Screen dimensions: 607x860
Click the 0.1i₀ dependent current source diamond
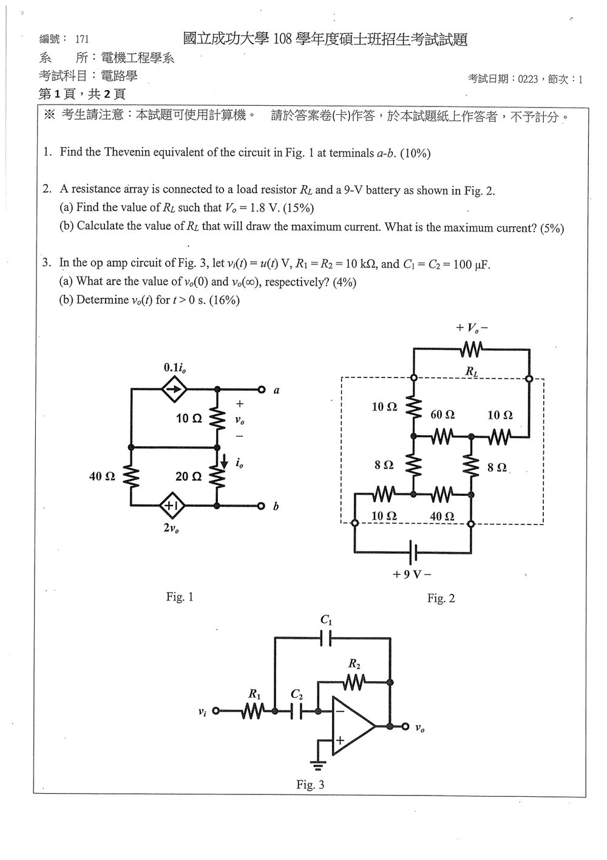point(174,390)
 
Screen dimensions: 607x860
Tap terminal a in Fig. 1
point(262,390)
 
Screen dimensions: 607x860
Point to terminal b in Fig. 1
point(261,506)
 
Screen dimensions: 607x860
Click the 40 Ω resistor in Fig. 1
point(131,476)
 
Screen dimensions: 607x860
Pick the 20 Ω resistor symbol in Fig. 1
point(217,476)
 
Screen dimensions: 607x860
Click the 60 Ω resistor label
point(443,415)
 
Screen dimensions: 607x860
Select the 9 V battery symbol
point(413,552)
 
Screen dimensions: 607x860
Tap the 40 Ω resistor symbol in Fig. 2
point(442,495)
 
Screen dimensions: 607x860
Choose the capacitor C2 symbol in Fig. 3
point(296,710)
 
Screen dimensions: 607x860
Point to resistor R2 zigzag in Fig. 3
point(354,683)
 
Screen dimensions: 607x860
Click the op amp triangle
point(353,726)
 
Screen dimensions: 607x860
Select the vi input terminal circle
point(216,710)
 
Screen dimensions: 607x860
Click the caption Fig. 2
point(441,598)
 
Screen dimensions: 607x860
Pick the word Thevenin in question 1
point(127,152)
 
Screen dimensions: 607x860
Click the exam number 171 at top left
point(82,39)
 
